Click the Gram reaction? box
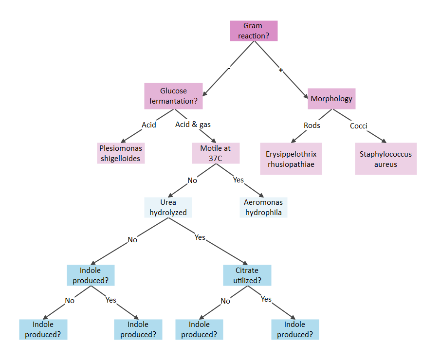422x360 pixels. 254,31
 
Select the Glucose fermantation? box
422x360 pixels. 173,96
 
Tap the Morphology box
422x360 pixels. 331,99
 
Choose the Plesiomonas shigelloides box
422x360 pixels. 121,153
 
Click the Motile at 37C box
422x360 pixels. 216,153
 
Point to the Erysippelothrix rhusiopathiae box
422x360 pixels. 291,159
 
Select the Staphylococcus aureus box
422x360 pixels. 385,159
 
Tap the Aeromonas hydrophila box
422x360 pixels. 263,207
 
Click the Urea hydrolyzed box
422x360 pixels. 168,207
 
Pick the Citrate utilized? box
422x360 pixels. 247,275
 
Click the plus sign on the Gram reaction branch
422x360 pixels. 281,70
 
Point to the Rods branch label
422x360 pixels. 312,126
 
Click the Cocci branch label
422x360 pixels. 359,126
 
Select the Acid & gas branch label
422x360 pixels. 193,125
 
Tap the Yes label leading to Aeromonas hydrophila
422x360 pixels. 239,180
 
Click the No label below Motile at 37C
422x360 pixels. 192,180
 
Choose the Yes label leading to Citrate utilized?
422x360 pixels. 200,237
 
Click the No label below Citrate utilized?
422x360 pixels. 225,301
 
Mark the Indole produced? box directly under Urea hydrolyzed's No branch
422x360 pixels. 91,275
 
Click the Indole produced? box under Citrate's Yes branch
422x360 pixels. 295,330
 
